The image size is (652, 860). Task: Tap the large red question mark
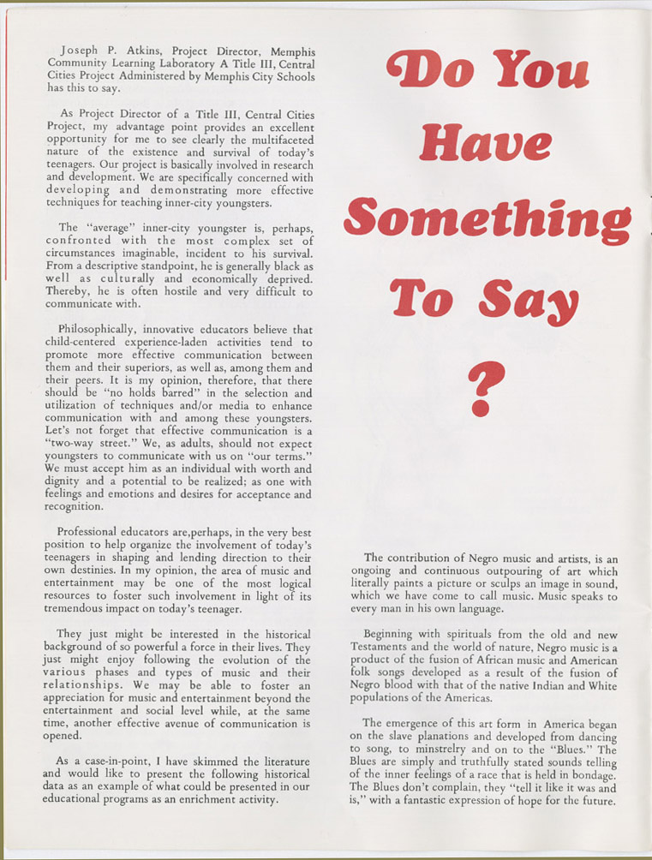pyautogui.click(x=485, y=388)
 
